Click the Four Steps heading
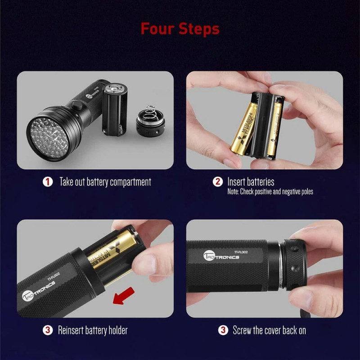pyautogui.click(x=180, y=29)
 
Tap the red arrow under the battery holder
pyautogui.click(x=124, y=297)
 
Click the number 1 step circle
pyautogui.click(x=47, y=182)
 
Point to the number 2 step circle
pyautogui.click(x=217, y=182)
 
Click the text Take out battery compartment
pyautogui.click(x=105, y=182)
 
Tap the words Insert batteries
pyautogui.click(x=250, y=182)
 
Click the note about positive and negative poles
pyautogui.click(x=270, y=192)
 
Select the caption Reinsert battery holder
pyautogui.click(x=93, y=330)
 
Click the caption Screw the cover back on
pyautogui.click(x=269, y=330)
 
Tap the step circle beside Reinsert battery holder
pyautogui.click(x=47, y=330)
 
